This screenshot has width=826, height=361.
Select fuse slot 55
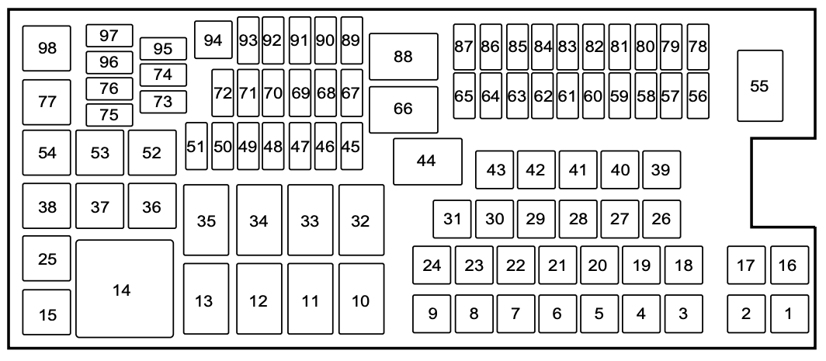tap(759, 86)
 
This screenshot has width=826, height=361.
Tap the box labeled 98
tap(47, 48)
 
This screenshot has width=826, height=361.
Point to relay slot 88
tap(404, 57)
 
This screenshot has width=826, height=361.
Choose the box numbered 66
tap(404, 109)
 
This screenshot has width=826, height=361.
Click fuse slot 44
tap(427, 161)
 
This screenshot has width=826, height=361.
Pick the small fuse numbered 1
tap(789, 314)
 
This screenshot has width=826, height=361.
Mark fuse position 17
tap(746, 266)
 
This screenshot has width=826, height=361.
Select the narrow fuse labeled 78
tap(698, 47)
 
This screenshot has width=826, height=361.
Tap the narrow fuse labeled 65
tap(464, 96)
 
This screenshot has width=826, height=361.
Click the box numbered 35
tap(206, 220)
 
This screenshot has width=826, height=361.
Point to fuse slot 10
tap(361, 300)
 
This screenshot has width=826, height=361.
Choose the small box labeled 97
tap(109, 36)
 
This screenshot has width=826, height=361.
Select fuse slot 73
tap(163, 101)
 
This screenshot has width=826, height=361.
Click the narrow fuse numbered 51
tap(196, 146)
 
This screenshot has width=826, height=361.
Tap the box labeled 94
tap(213, 40)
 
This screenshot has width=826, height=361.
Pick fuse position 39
tap(661, 170)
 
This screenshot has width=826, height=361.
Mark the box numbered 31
tap(452, 219)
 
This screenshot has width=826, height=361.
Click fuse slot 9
tap(432, 314)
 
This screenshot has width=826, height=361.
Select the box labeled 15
tap(47, 314)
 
